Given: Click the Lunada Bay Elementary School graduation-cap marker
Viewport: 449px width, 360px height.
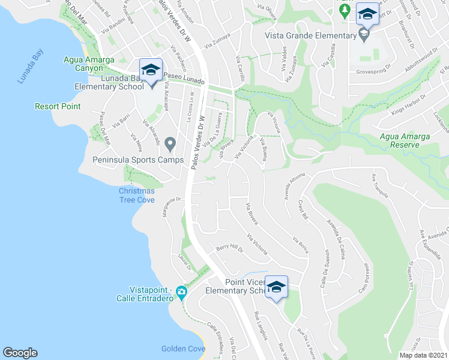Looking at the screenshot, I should [x=151, y=70].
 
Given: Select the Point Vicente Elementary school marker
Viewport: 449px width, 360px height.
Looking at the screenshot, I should [x=276, y=287].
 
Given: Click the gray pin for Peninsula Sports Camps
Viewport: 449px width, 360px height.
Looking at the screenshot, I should [x=170, y=144].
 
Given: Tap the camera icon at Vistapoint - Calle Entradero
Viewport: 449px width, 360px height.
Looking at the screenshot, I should [x=181, y=292].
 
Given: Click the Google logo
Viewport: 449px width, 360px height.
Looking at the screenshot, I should [x=20, y=353].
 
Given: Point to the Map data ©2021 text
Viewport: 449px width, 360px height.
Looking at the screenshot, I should [x=423, y=355].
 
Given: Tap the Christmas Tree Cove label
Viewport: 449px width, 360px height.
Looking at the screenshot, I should [x=136, y=196].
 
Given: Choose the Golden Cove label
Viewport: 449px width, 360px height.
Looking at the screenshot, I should [x=181, y=349].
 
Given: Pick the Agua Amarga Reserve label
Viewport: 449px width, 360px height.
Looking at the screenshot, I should [x=405, y=140].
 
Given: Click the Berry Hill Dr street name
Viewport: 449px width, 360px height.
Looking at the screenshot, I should [x=229, y=248].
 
